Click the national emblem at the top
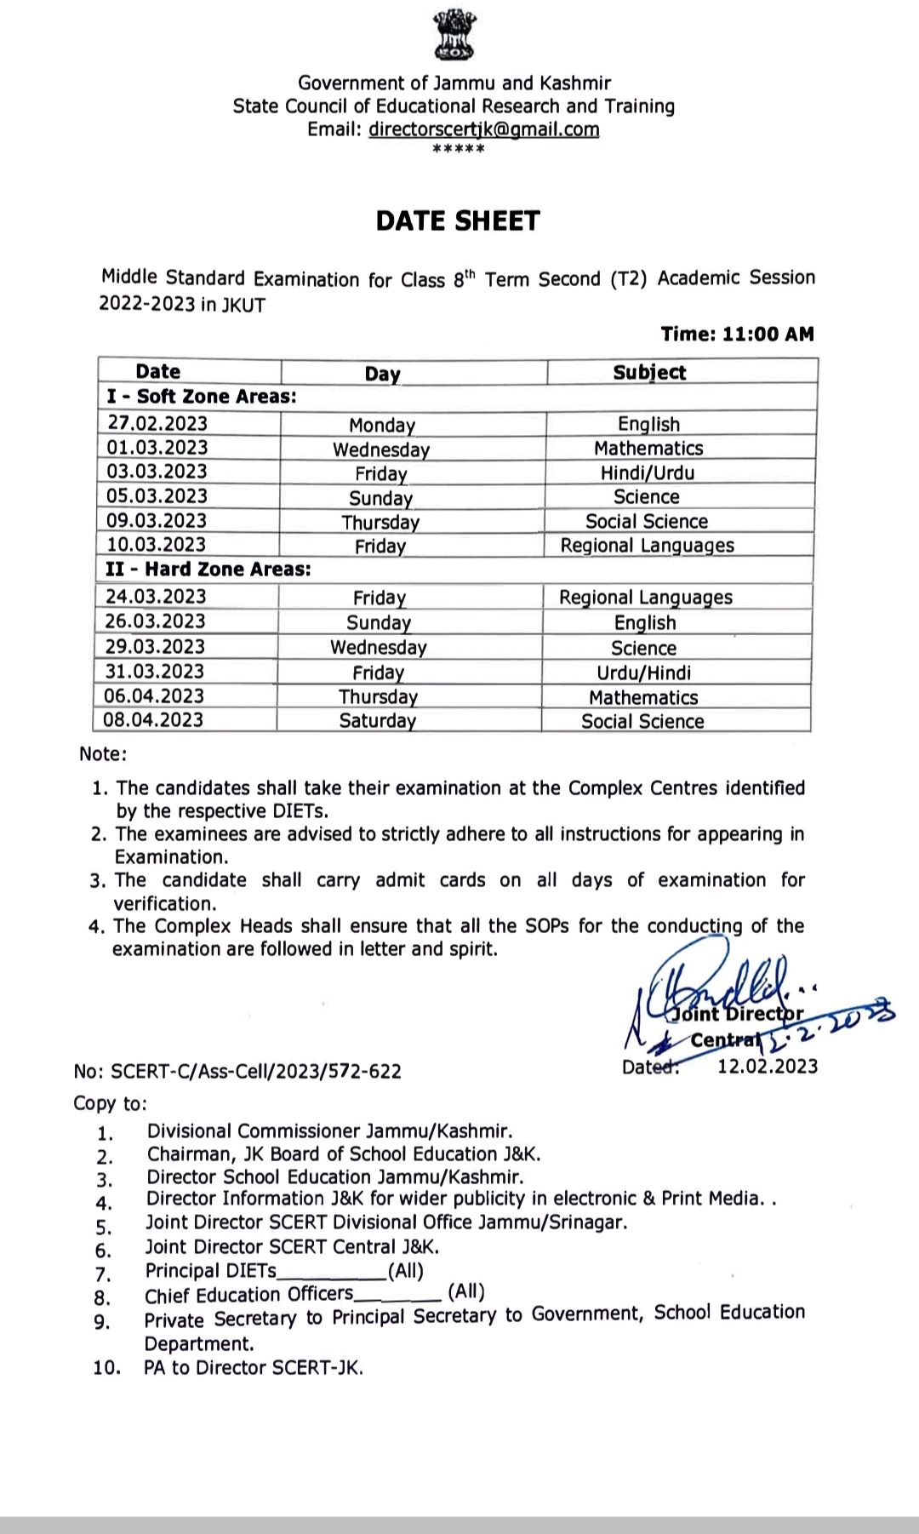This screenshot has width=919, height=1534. tap(459, 35)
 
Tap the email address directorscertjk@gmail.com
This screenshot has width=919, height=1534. tap(483, 129)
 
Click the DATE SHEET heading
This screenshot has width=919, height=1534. tap(458, 221)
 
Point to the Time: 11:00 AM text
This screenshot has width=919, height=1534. tap(737, 334)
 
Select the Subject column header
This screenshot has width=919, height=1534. tap(649, 372)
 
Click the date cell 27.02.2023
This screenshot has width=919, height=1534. tap(157, 423)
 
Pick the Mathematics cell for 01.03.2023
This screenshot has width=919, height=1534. tap(648, 448)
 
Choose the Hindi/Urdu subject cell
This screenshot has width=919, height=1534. tap(647, 472)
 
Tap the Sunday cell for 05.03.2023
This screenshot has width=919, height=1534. tap(380, 498)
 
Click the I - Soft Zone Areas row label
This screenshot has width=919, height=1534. tap(202, 397)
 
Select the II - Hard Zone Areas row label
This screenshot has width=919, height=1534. tap(208, 570)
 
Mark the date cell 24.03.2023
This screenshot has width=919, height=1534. tap(156, 597)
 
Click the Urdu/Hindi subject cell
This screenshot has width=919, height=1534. tap(643, 673)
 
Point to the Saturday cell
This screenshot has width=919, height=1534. tap(377, 721)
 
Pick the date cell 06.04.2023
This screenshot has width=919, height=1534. tap(154, 696)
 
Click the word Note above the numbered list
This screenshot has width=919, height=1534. tap(102, 754)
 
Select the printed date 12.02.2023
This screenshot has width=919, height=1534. tap(768, 1067)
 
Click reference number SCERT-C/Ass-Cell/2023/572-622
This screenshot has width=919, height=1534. tap(255, 1071)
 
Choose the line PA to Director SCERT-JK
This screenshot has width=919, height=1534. tap(254, 1368)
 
